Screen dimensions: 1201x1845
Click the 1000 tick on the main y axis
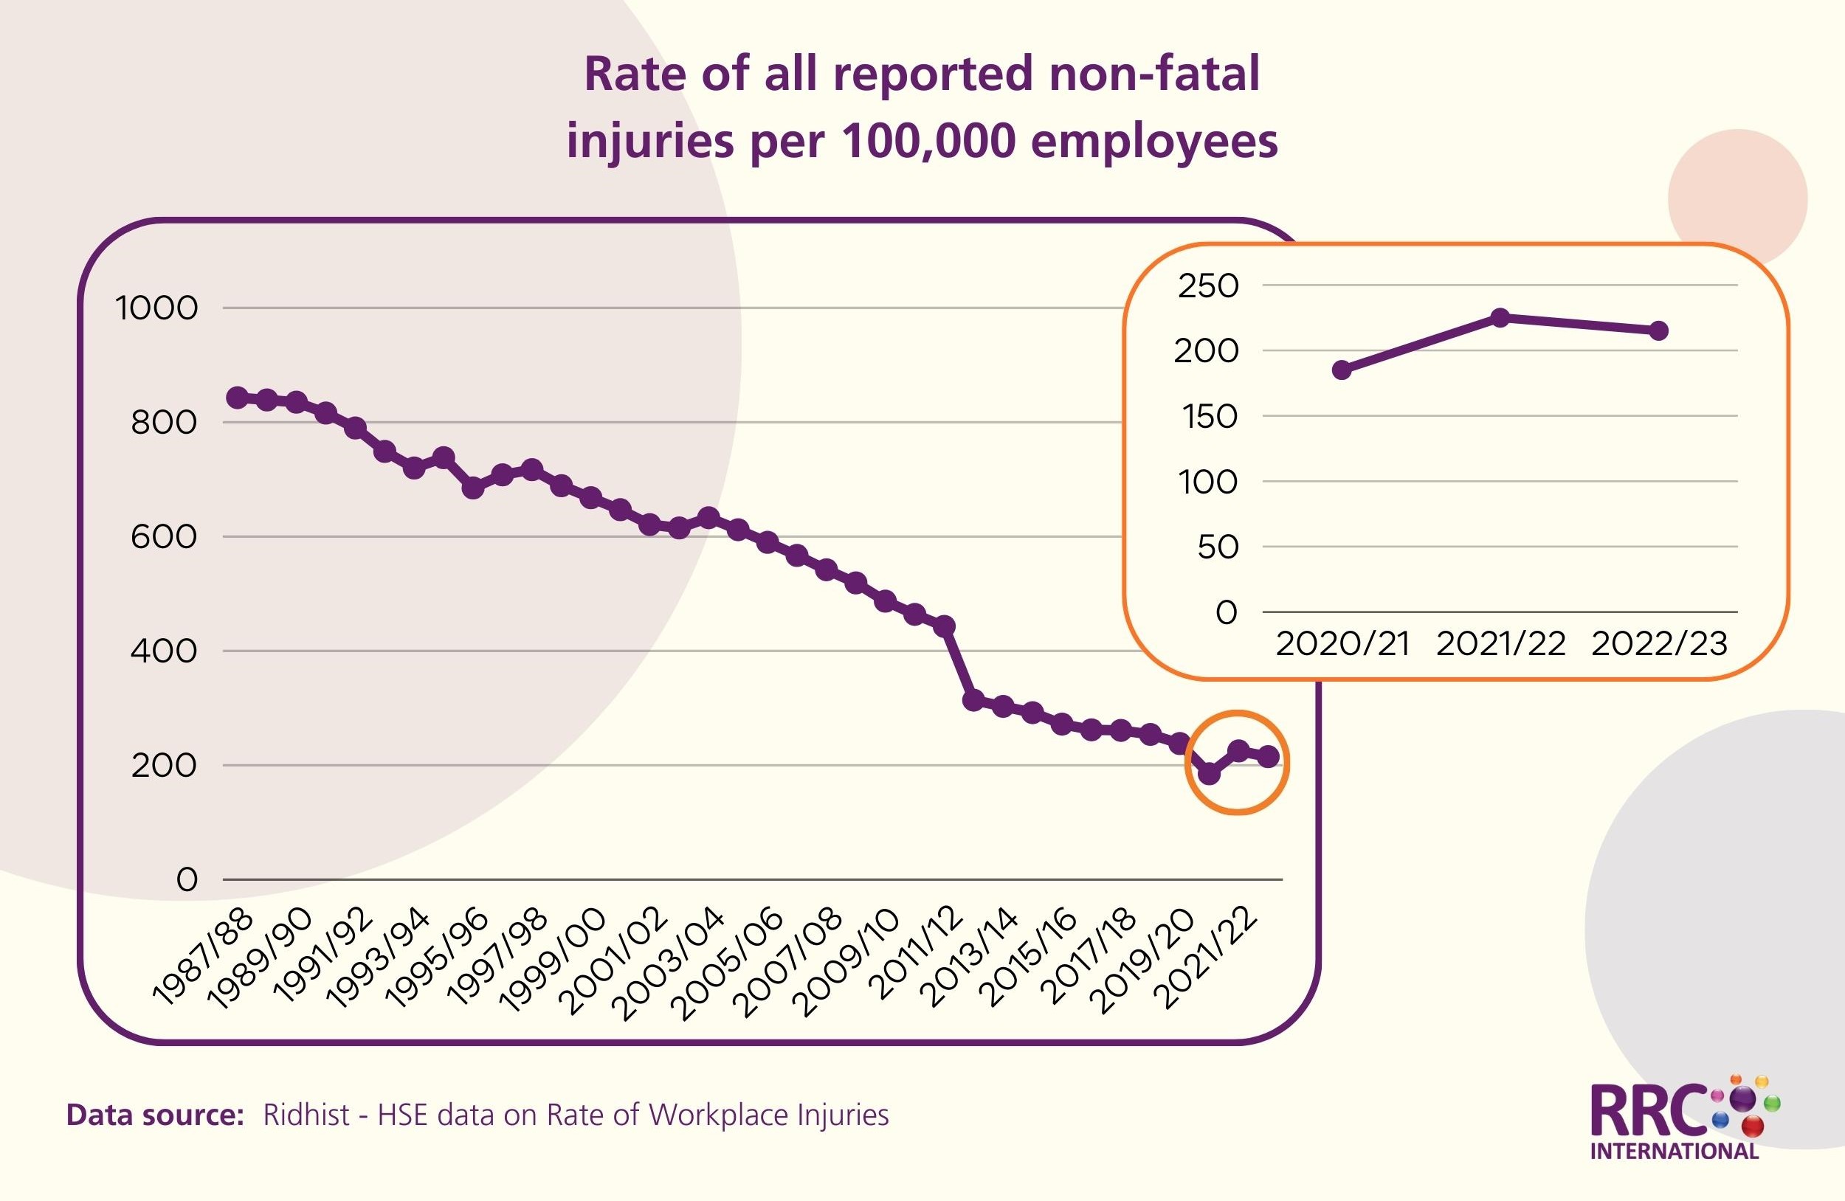click(x=156, y=308)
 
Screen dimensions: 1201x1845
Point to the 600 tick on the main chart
click(x=164, y=537)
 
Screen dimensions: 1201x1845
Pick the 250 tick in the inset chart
click(x=1209, y=286)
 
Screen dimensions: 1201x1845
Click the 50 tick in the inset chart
click(x=1218, y=548)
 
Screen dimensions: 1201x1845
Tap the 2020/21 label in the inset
click(x=1342, y=644)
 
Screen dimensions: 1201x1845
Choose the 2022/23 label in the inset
click(x=1660, y=644)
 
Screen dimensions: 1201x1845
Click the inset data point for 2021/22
click(x=1501, y=318)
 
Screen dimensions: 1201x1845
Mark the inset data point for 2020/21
click(x=1342, y=370)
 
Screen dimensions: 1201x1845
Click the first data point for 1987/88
click(x=237, y=398)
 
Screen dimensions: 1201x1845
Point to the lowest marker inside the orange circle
click(x=1210, y=773)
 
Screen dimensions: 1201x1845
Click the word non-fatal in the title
click(x=1154, y=75)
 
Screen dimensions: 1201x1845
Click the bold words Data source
click(x=155, y=1115)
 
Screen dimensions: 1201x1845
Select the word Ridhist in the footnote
click(x=306, y=1115)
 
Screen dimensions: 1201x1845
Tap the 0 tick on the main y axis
click(x=187, y=879)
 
